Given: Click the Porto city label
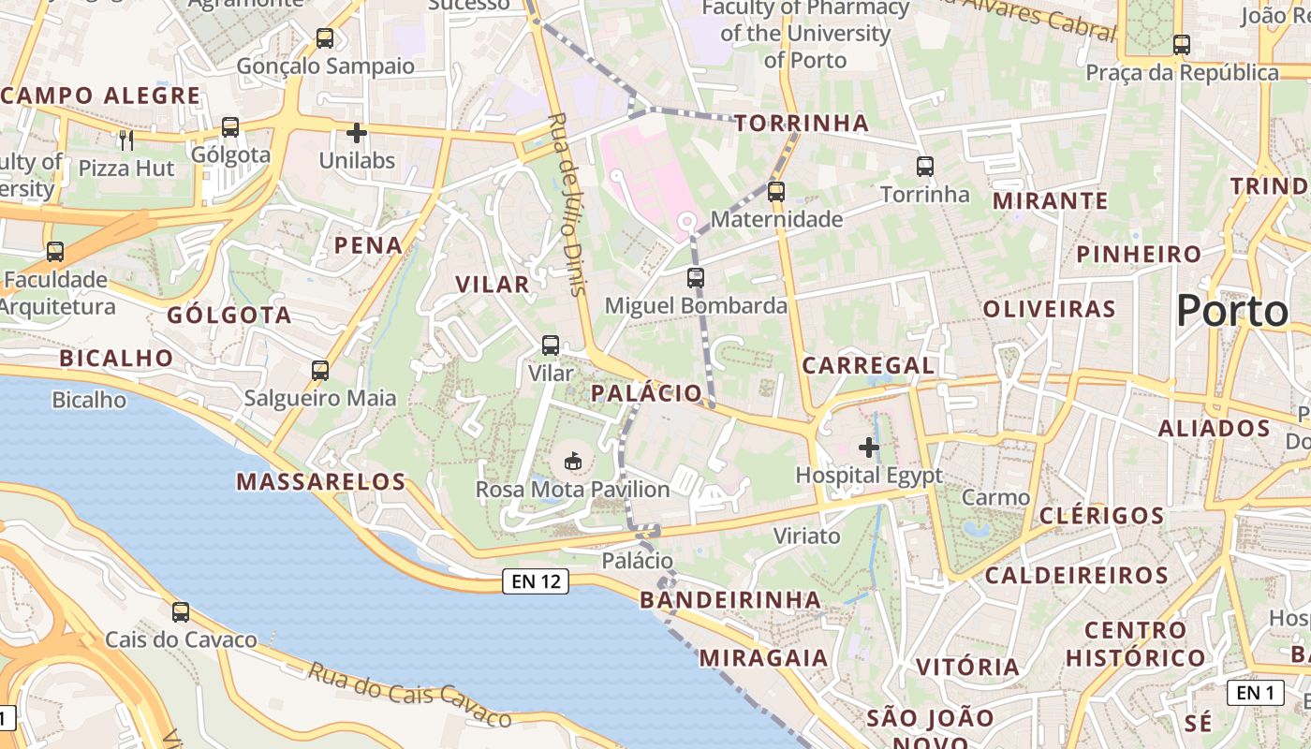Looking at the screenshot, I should point(1231,311).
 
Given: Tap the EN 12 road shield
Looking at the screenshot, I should point(536,581).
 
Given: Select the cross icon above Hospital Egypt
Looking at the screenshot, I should point(869,448).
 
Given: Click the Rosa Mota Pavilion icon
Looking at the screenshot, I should point(572,461).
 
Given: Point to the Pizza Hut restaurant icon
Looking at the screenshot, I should point(126,140).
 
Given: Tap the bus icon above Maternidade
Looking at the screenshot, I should point(775,192).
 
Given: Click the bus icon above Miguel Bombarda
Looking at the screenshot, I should point(695,278).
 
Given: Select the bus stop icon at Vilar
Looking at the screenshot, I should point(551,345).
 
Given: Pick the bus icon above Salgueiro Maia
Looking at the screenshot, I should point(320,371).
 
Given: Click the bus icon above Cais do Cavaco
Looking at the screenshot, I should point(181,612).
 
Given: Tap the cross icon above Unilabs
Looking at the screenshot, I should point(357,133).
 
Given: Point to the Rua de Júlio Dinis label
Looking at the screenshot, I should point(567,204).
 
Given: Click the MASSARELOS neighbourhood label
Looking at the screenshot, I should point(320,482).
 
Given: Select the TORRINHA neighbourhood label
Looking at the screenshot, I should point(802,124).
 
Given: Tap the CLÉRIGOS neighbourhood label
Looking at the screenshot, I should point(1101,516).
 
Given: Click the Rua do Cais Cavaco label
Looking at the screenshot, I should point(410,695).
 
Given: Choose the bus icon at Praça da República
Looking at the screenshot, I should point(1182,44).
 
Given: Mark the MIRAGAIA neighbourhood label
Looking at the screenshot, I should point(763,658).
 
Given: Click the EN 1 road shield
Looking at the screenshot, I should point(1255,693).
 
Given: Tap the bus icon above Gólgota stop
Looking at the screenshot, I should point(230,127).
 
